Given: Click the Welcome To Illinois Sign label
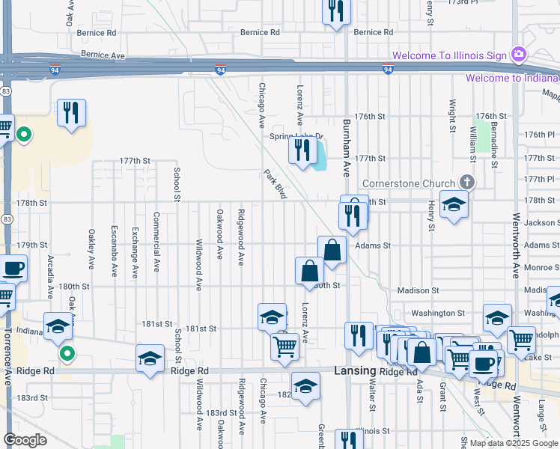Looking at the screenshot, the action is pos(449,55).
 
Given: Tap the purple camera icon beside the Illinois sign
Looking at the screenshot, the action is pos(518,55).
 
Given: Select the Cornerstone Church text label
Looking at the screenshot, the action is pos(408,183).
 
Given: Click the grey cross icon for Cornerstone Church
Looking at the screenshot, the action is pos(466,182).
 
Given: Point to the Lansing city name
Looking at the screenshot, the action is pos(354,371).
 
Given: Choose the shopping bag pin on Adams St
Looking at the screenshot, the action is pos(332,250).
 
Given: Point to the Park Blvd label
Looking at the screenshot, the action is pos(275,184).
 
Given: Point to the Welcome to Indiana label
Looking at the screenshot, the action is pos(512,78).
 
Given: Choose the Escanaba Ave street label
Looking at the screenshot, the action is pos(114,251).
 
